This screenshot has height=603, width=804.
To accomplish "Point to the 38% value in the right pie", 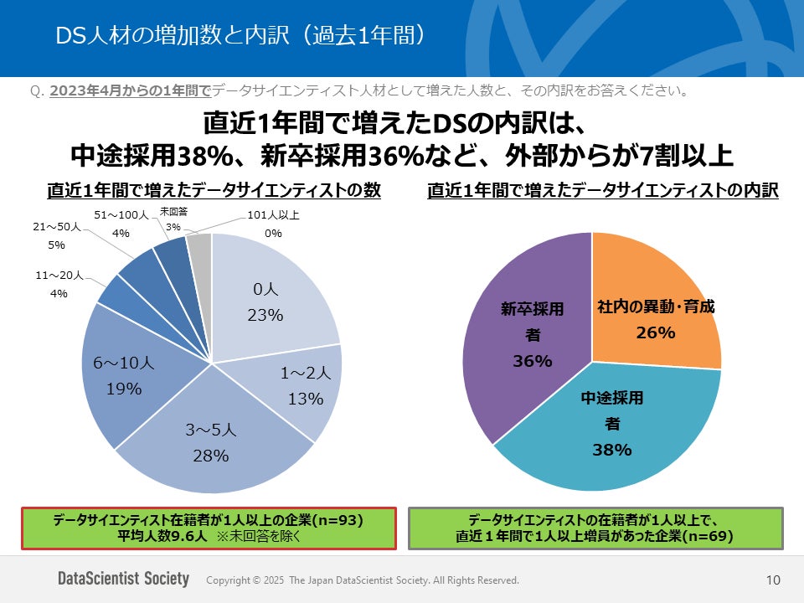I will tap(611, 450).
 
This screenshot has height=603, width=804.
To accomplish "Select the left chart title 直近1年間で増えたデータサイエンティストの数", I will tap(214, 190).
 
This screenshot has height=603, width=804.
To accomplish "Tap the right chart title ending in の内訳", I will tap(603, 190).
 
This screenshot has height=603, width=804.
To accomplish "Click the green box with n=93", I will tap(208, 528).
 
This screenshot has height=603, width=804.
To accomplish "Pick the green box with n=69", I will tap(595, 528).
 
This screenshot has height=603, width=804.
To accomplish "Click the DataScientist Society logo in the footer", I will tap(123, 580).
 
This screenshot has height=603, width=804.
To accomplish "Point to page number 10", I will tap(773, 580).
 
